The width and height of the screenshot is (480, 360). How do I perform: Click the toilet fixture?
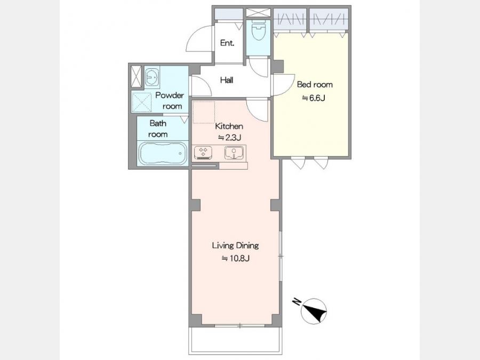258,30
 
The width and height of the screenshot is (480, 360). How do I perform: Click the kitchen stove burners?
203,153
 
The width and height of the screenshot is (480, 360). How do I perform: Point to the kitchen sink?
234,153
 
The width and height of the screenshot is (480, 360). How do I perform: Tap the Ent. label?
227,43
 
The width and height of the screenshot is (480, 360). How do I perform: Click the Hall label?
227,80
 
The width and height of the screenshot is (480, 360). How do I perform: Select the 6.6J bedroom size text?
314,98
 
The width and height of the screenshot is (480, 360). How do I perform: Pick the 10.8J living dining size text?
235,259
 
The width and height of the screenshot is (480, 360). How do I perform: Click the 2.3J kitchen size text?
229,138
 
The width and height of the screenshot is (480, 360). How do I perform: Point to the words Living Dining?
235,245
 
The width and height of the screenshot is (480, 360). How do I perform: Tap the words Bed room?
315,84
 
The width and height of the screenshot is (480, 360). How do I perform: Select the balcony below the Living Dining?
235,340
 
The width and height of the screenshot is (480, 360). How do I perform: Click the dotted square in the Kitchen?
204,113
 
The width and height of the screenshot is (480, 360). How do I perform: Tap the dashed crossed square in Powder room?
141,102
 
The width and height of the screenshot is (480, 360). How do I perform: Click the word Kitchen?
229,126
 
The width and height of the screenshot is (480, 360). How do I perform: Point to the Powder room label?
170,101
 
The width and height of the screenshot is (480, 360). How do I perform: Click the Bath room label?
158,129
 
